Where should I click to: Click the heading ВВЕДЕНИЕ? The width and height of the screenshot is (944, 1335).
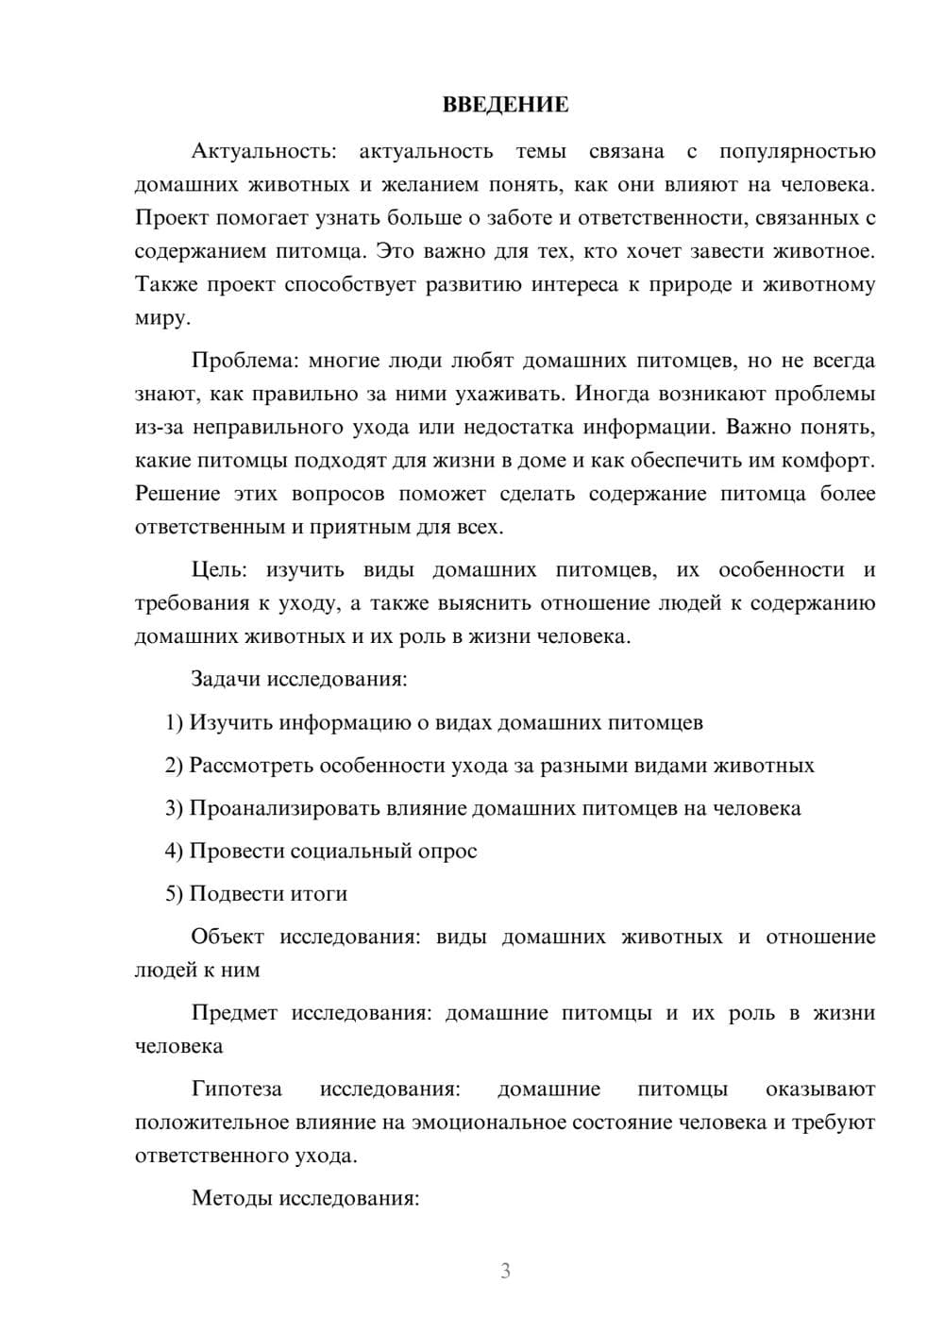(505, 105)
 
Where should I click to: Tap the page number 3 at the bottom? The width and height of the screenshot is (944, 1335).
(505, 1271)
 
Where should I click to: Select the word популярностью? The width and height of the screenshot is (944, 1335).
(797, 152)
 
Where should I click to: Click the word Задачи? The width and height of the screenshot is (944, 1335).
(227, 679)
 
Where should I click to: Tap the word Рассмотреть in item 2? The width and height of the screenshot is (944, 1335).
(251, 766)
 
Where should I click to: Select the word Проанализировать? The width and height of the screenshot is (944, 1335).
(285, 808)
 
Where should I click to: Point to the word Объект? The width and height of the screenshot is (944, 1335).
(228, 937)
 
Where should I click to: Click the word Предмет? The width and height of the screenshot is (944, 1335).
(234, 1013)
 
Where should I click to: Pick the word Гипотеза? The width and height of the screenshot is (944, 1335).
(236, 1089)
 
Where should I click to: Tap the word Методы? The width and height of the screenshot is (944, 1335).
(227, 1198)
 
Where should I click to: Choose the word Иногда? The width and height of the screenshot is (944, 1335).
(615, 394)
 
